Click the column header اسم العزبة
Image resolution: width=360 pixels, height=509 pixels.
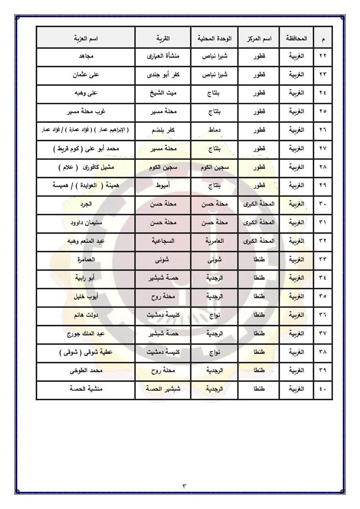click(86, 38)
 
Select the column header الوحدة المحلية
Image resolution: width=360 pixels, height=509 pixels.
click(215, 38)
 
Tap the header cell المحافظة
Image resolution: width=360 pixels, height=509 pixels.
click(296, 38)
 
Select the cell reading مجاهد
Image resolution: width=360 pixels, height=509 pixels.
click(86, 56)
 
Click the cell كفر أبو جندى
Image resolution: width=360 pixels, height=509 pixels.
click(163, 75)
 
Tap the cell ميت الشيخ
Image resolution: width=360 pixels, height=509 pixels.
click(163, 93)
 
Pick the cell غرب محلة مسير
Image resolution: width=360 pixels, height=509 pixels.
click(86, 112)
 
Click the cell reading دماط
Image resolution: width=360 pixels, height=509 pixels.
click(215, 130)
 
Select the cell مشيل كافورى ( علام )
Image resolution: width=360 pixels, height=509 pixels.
click(86, 167)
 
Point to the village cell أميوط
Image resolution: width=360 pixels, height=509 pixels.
click(163, 185)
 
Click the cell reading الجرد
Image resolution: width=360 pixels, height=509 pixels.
click(86, 204)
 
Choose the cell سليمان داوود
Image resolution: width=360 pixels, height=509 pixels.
click(86, 223)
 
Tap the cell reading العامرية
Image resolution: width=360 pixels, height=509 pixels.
click(215, 241)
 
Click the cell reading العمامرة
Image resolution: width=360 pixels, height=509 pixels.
click(86, 260)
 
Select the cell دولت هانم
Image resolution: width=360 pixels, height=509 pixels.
click(86, 315)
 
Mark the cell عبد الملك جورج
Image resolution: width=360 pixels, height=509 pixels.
click(86, 333)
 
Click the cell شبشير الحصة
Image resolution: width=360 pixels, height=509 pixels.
click(163, 389)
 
